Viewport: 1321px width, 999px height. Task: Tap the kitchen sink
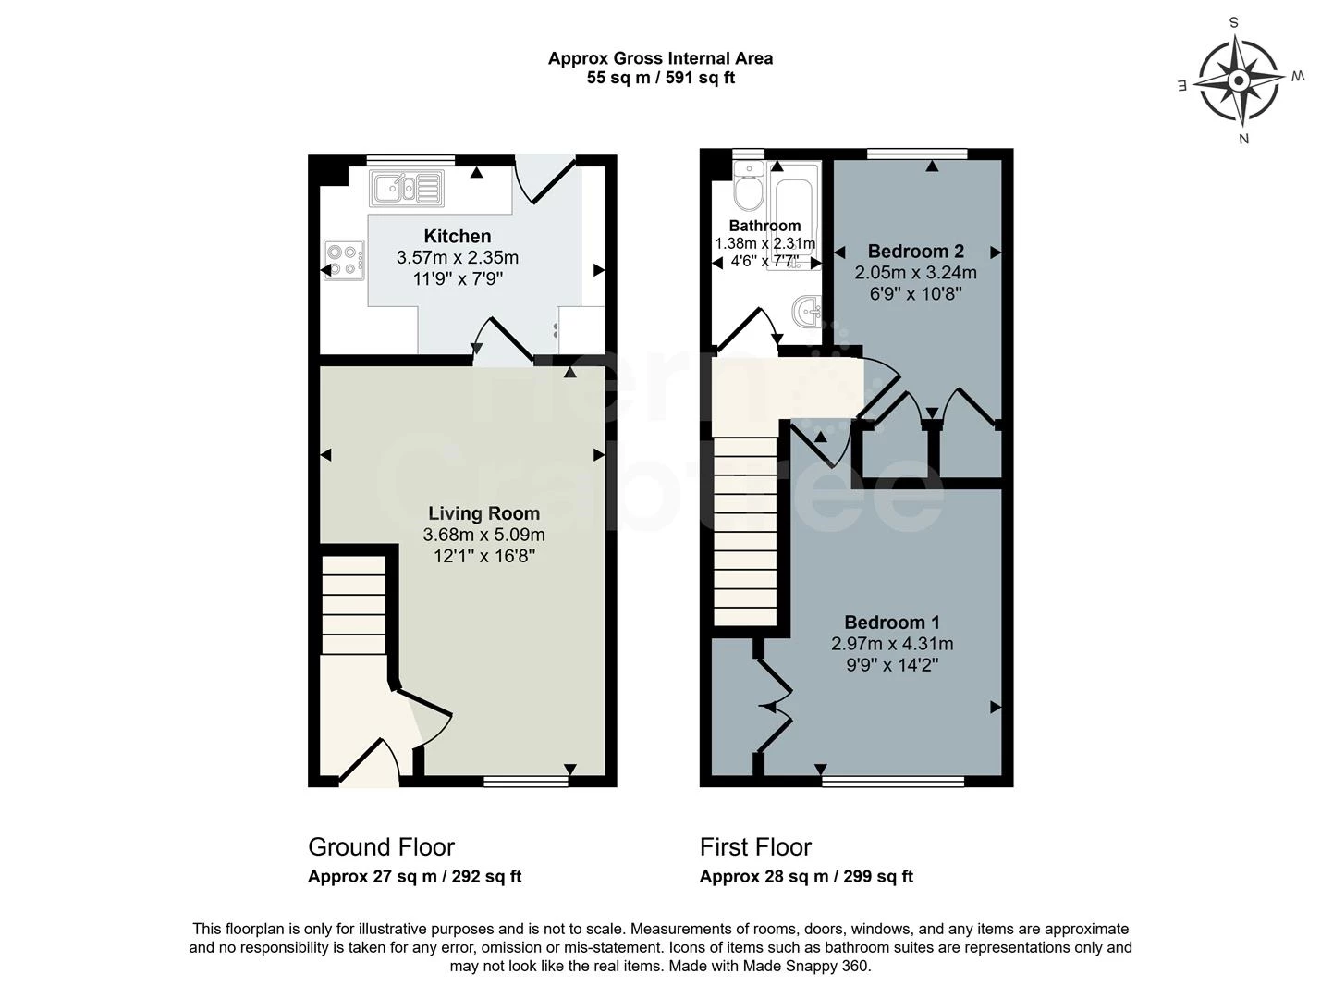coord(406,189)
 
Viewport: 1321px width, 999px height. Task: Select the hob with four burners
coord(344,260)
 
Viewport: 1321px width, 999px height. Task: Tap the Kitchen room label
coord(458,236)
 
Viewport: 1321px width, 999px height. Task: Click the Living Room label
coord(483,513)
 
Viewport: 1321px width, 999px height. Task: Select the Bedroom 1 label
coord(892,622)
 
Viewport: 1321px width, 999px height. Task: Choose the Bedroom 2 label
coord(916,251)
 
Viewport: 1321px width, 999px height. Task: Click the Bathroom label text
coord(764,226)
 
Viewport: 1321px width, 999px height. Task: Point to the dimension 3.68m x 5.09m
coord(483,535)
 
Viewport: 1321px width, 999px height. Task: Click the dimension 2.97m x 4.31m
coord(892,644)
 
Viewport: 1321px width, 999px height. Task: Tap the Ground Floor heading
coord(381,847)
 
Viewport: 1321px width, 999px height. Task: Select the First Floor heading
coord(755,847)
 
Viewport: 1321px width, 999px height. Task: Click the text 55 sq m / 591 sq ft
coord(660,78)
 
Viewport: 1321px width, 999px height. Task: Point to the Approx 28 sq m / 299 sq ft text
coord(806,876)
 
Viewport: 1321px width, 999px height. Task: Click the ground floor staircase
coord(353,605)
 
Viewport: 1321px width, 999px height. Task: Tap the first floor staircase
coord(745,531)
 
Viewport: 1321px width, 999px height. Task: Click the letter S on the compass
coord(1234,23)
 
